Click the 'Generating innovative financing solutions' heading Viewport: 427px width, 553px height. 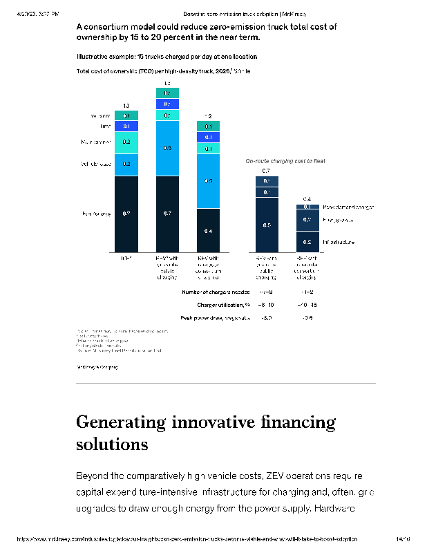(x=205, y=432)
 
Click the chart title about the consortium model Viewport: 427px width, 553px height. (x=206, y=32)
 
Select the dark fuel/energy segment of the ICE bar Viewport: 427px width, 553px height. (x=126, y=214)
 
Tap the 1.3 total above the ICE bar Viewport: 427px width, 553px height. (x=126, y=105)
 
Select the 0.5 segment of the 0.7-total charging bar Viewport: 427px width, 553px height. (x=267, y=225)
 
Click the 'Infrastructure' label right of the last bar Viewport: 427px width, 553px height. (x=339, y=242)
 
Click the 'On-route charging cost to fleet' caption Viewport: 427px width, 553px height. (x=285, y=160)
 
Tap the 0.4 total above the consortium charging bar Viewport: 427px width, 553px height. (x=307, y=199)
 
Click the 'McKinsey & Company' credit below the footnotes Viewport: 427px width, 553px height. (x=97, y=366)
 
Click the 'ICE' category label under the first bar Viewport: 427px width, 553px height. (x=126, y=257)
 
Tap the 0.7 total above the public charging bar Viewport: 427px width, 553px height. (x=266, y=170)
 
